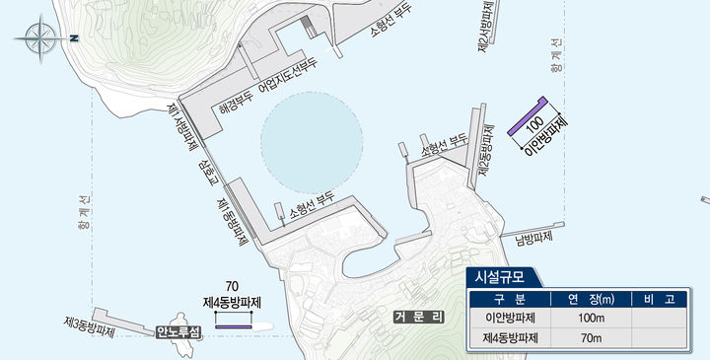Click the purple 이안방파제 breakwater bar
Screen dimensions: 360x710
pos(527,116)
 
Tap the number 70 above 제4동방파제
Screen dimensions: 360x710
pos(233,286)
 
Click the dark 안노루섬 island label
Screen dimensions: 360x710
pos(177,332)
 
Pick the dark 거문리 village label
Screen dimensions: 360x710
pos(419,317)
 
